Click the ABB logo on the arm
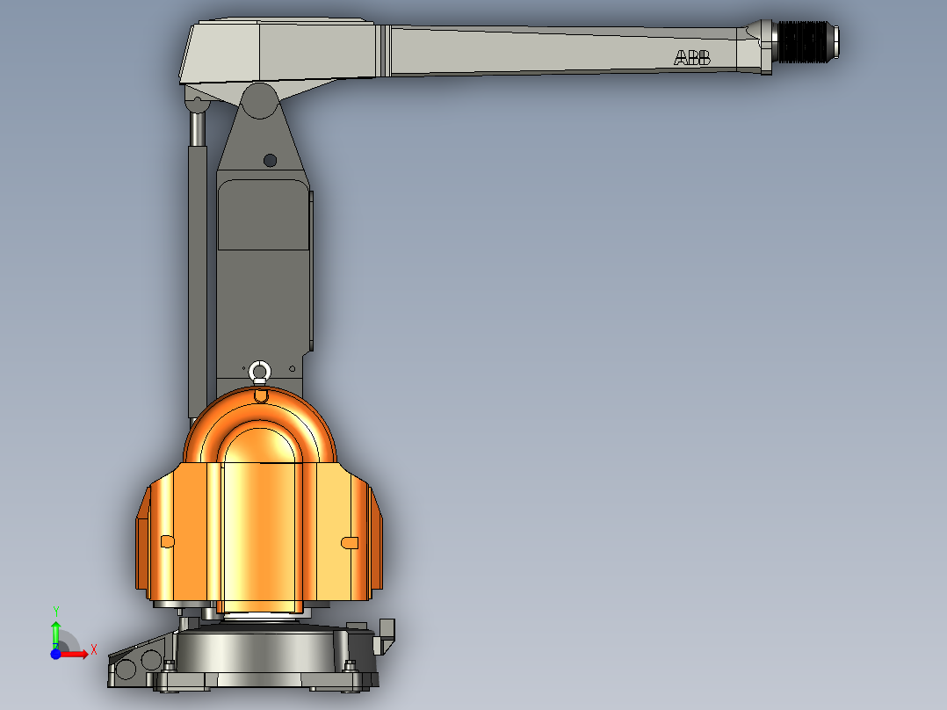click(692, 58)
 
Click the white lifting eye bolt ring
click(259, 372)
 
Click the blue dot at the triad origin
click(55, 654)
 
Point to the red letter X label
click(93, 650)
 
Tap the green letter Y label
click(56, 611)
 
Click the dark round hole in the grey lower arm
click(270, 160)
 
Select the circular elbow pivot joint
click(260, 100)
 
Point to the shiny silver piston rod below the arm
click(198, 127)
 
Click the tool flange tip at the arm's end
click(835, 40)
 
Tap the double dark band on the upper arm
click(385, 50)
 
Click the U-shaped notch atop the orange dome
click(260, 395)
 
